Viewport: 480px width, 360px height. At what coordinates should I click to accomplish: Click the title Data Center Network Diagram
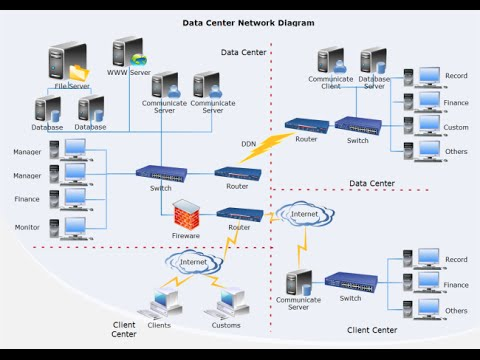click(247, 22)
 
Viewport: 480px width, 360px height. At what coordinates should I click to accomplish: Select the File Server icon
click(66, 64)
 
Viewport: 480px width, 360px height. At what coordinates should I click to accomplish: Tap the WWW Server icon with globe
click(128, 53)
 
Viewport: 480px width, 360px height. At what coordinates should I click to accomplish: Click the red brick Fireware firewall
click(186, 215)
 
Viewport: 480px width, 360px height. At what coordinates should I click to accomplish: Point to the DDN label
click(249, 143)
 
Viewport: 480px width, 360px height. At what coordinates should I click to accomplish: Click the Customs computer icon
click(227, 302)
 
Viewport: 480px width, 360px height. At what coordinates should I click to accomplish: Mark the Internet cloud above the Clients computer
click(190, 262)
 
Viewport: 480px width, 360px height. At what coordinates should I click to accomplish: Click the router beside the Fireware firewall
click(240, 214)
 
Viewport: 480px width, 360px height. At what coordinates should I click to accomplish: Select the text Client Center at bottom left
click(125, 329)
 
